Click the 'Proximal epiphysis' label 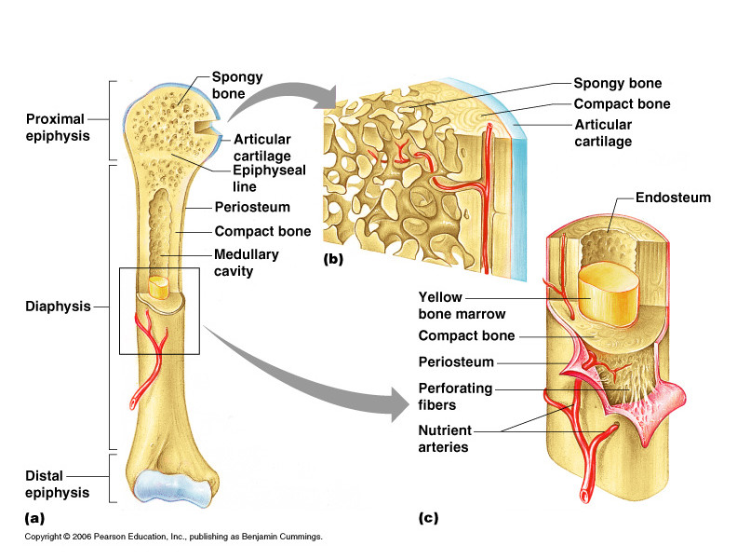pos(55,127)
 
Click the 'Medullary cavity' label pos(246,263)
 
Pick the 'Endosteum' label pos(673,198)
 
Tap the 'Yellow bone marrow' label pos(450,304)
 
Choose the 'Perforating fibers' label pos(456,396)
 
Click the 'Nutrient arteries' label pos(444,439)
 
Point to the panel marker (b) pos(333,260)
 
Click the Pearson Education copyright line pos(172,537)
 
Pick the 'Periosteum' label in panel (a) pos(252,207)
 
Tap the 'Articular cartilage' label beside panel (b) pos(603,132)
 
